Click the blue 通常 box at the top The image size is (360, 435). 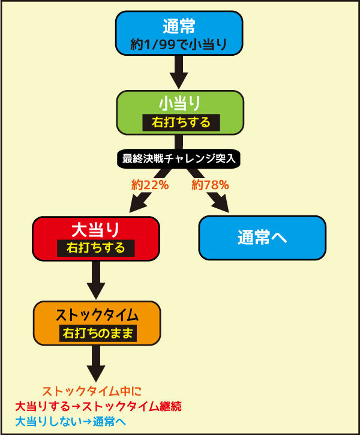(x=179, y=33)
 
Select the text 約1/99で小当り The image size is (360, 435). (x=179, y=44)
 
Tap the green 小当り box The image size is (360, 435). (x=180, y=113)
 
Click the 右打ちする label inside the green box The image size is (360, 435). (x=181, y=122)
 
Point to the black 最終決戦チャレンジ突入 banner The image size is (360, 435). (x=179, y=159)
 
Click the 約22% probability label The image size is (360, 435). (x=150, y=185)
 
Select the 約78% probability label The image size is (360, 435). (x=210, y=185)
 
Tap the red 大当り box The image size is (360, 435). (x=96, y=239)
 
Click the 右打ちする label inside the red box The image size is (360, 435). (x=95, y=248)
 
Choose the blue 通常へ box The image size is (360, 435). (x=262, y=238)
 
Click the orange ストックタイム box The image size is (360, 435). (x=97, y=323)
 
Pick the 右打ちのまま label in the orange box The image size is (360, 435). (x=98, y=333)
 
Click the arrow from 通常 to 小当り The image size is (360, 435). (x=179, y=72)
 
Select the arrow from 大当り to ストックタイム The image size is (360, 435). (x=96, y=280)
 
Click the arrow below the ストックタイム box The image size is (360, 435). (x=96, y=364)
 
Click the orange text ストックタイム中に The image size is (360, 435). (x=92, y=391)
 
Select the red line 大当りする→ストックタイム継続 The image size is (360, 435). (x=98, y=406)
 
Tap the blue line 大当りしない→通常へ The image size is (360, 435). (x=70, y=422)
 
